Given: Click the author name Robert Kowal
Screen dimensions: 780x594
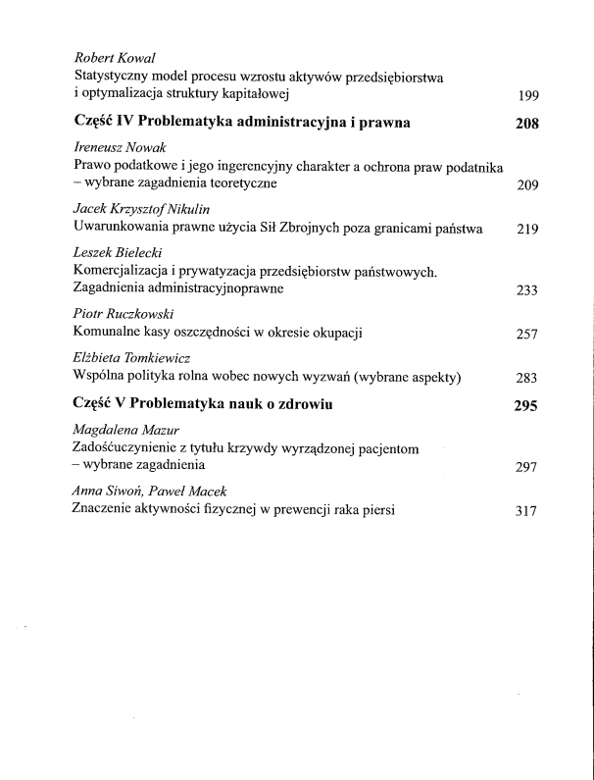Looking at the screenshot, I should point(110,57).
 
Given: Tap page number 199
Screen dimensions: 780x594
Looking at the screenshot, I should point(528,96).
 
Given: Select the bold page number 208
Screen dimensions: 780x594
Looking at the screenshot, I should point(527,125).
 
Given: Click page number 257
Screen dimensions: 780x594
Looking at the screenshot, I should point(528,335).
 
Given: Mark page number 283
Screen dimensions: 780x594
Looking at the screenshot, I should point(528,378).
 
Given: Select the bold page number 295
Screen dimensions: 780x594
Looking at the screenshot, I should point(527,405).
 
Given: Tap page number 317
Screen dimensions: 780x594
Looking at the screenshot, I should point(528,510).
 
